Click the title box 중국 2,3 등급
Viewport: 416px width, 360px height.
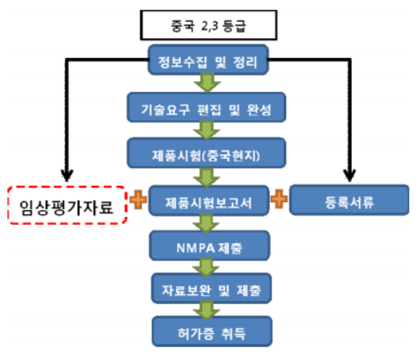point(208,26)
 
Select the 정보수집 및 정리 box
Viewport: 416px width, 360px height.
point(208,59)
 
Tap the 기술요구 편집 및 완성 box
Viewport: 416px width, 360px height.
point(206,107)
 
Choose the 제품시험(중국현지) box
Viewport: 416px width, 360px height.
point(206,153)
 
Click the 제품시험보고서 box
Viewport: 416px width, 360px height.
point(209,201)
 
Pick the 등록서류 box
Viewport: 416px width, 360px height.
point(349,200)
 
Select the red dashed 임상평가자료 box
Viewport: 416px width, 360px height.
point(67,205)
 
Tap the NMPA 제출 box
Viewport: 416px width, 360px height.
point(210,246)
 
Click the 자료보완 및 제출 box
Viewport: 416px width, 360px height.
point(212,288)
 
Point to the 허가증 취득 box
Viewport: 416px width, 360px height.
point(212,331)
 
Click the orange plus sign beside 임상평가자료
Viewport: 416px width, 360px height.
point(138,199)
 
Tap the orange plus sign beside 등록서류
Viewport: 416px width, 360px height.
point(279,199)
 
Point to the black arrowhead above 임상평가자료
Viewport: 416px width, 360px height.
point(67,176)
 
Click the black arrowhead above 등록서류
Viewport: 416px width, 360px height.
point(350,176)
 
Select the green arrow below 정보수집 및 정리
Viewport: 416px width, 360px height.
point(207,83)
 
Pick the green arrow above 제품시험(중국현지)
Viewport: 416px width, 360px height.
point(207,130)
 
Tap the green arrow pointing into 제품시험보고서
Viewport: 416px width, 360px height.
point(207,177)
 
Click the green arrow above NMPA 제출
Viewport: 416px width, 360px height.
point(206,224)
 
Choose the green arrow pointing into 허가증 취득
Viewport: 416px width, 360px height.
point(207,310)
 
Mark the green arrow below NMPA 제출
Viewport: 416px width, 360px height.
point(206,268)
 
